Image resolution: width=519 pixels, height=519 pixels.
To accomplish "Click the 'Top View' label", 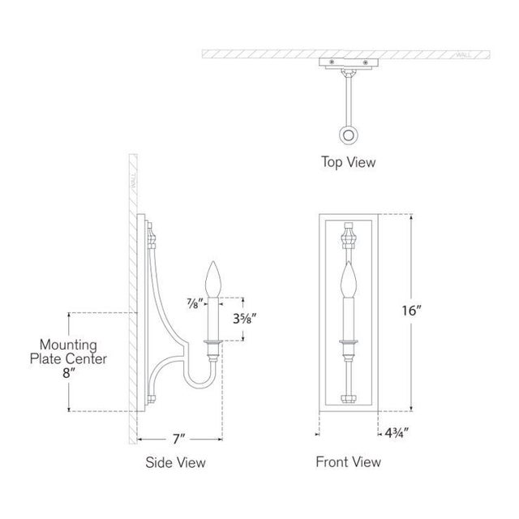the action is point(348,162).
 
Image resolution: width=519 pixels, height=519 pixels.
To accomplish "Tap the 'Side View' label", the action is point(175,462).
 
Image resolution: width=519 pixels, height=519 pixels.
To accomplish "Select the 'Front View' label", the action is point(348,462).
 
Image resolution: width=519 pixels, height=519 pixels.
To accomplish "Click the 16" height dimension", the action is point(411,311).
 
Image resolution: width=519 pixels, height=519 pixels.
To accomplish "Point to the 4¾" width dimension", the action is point(397,432).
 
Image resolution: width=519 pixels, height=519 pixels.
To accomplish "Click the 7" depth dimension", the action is point(178,440).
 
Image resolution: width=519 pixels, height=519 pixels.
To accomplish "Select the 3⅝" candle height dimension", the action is point(245,319).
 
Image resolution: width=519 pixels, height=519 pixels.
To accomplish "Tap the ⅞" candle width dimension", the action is point(195,303).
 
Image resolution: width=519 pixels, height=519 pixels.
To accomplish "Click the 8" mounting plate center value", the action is point(69,373).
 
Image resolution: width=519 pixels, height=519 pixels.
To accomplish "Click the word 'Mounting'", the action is point(68,345).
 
